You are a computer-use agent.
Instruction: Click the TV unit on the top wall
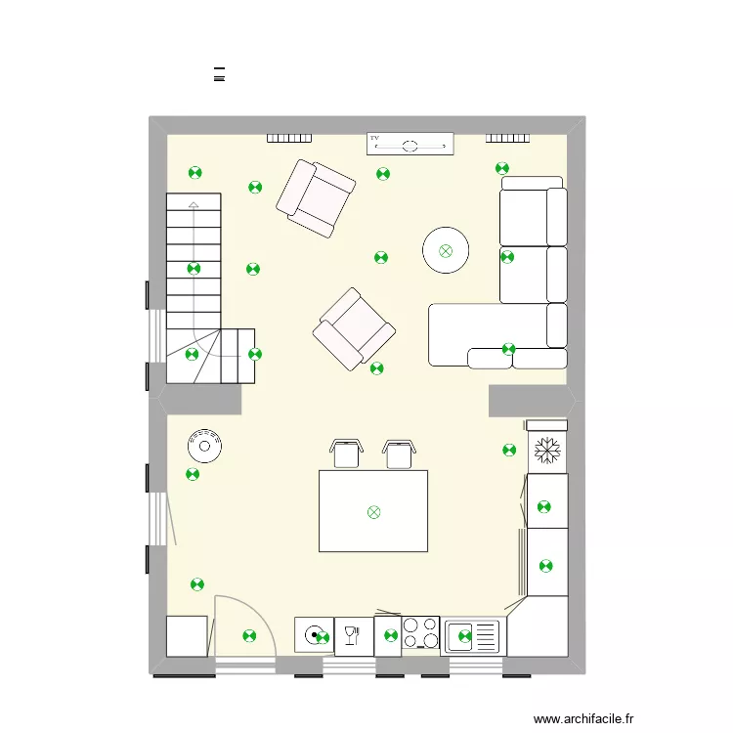point(410,144)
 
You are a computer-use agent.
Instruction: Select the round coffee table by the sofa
point(447,250)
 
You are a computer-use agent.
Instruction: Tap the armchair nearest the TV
point(316,199)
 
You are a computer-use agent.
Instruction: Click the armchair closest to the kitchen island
point(354,329)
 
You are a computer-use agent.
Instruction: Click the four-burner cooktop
point(421,633)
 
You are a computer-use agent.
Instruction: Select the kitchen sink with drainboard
point(472,636)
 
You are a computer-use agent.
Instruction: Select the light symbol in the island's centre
point(373,512)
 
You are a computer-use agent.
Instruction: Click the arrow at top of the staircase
point(194,205)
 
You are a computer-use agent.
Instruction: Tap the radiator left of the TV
point(289,139)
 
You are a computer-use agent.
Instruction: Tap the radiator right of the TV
point(508,139)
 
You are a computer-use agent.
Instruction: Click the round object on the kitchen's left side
point(205,446)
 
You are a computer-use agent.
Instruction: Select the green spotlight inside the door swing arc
point(248,636)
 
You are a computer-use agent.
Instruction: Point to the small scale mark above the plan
point(219,74)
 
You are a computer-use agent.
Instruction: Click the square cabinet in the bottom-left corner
point(187,636)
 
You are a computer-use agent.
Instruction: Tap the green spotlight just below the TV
point(383,174)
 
